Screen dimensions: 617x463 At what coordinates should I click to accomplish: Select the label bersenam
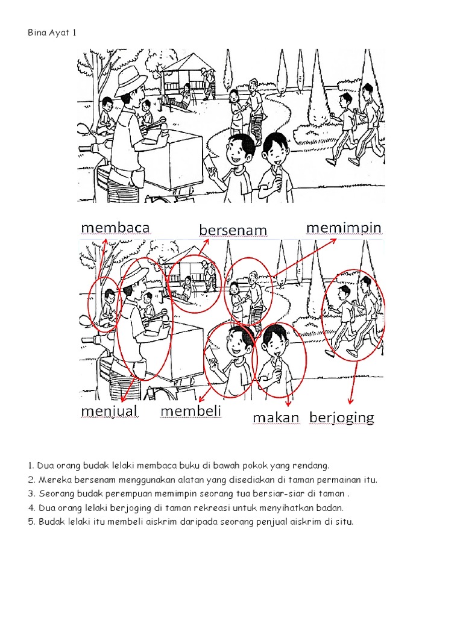pos(233,230)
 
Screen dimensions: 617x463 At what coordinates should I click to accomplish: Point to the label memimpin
pos(344,227)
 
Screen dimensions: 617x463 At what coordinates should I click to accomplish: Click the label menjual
pos(109,411)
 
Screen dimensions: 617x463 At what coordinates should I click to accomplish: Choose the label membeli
pos(191,411)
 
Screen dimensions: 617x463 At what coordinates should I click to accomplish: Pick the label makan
pos(276,418)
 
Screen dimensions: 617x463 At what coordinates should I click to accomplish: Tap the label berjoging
pos(342,418)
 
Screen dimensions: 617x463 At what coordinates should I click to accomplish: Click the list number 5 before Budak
pos(30,522)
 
